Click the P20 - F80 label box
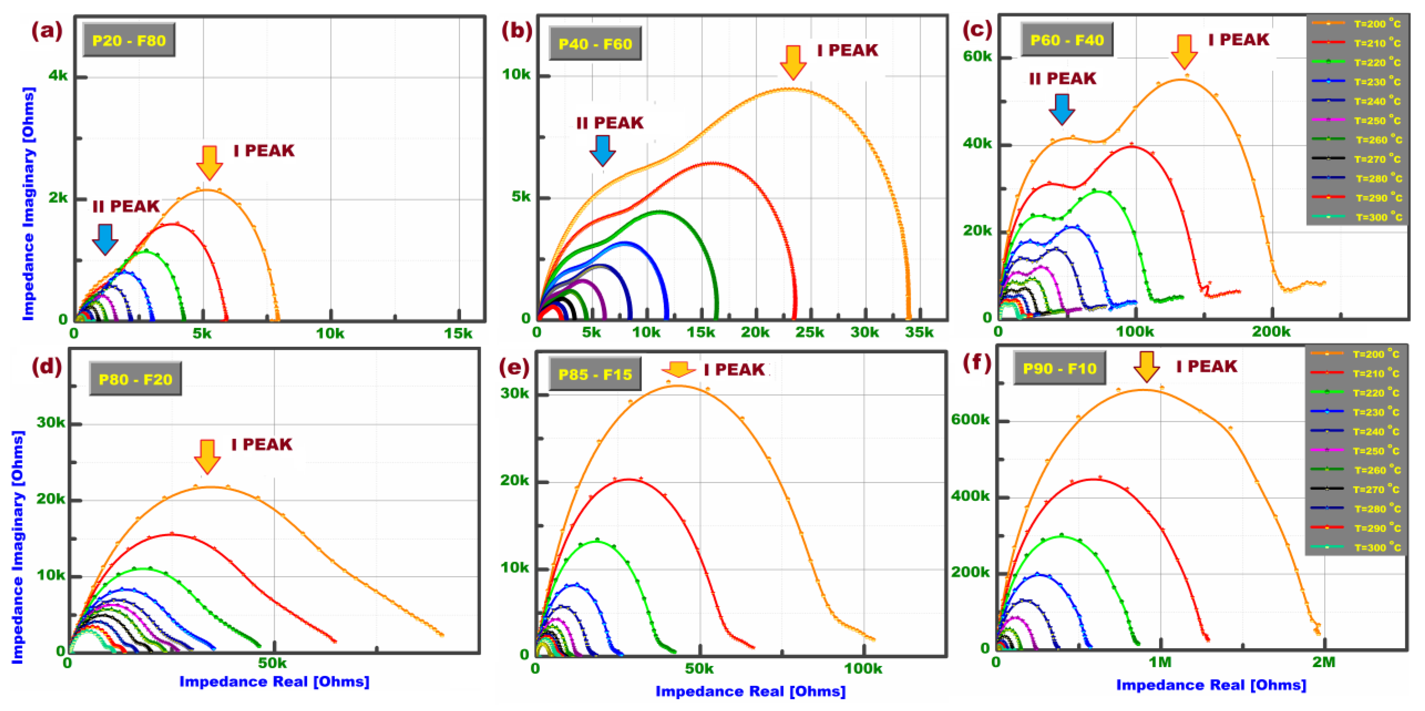(129, 40)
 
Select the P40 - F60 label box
(595, 44)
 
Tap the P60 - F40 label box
(1067, 40)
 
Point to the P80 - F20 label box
(135, 379)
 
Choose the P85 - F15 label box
(595, 375)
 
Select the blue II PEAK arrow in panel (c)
(1062, 109)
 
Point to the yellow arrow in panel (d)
(207, 457)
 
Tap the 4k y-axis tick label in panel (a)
(58, 75)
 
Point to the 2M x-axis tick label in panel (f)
(1324, 662)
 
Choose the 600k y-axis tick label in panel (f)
(970, 420)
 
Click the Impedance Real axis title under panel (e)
(750, 691)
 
